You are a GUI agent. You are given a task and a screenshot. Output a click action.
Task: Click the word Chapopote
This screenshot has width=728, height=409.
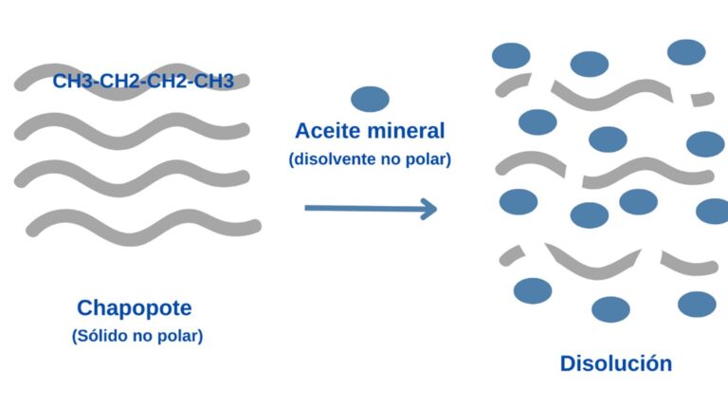(135, 308)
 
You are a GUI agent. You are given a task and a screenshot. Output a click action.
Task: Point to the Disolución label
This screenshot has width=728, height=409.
(616, 363)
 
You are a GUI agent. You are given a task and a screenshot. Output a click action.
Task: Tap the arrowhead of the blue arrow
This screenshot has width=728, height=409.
(429, 209)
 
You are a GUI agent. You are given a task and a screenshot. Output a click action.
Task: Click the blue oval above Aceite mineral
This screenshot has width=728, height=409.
(370, 99)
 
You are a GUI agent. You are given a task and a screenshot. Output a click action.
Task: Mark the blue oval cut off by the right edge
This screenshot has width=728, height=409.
(713, 211)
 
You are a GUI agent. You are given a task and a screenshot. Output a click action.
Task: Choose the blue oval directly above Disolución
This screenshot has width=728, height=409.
(610, 309)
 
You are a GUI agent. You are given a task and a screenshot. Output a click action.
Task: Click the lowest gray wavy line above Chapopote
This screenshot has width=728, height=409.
(143, 227)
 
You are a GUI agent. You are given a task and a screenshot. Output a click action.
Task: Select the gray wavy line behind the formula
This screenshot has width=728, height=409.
(132, 82)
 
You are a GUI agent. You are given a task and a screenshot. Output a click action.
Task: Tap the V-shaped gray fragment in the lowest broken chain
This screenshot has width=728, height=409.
(592, 263)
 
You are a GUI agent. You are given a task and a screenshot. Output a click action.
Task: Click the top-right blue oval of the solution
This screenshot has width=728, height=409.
(686, 52)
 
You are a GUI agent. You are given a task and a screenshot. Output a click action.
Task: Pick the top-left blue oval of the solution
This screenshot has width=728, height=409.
(511, 56)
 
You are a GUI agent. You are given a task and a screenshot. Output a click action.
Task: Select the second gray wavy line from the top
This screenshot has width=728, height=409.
(132, 131)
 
